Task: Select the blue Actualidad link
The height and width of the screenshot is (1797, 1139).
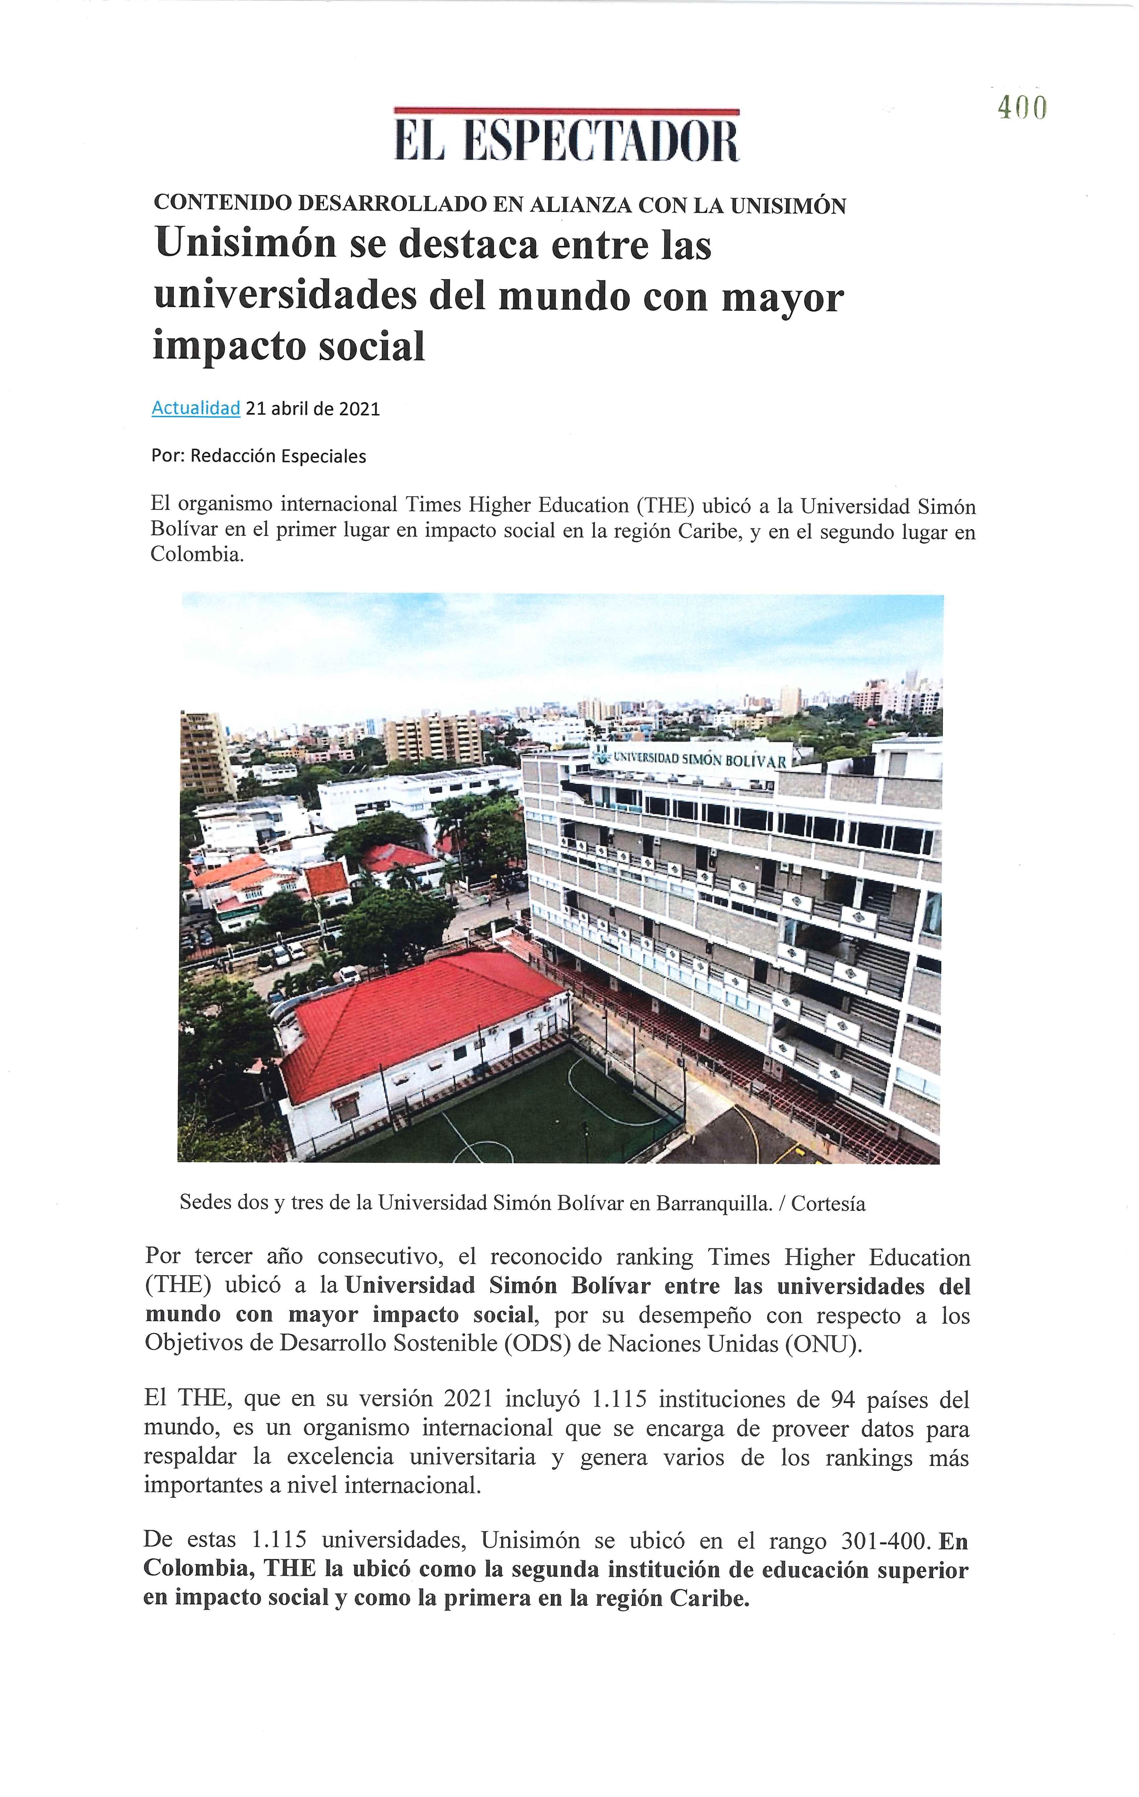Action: (x=195, y=408)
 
